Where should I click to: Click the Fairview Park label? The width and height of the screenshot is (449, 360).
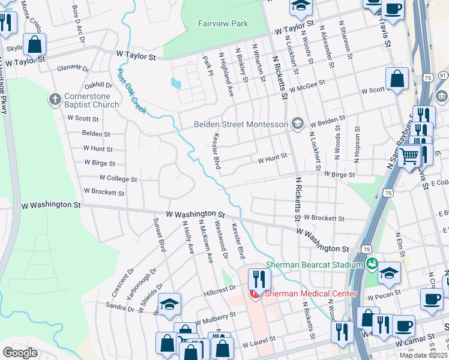[223, 24]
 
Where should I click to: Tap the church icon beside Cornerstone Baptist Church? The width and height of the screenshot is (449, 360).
[55, 98]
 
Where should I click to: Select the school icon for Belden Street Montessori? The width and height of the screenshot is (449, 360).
[297, 124]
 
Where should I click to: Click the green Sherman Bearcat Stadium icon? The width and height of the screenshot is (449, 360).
[372, 264]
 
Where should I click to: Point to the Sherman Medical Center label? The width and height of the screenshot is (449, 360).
[310, 293]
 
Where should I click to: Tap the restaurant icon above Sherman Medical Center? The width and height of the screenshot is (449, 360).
[259, 279]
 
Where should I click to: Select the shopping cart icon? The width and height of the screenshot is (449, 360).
[409, 156]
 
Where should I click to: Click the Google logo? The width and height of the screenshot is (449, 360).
[20, 352]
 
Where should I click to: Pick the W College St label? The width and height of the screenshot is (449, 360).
[118, 179]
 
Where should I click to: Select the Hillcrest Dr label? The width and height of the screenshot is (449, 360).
[220, 289]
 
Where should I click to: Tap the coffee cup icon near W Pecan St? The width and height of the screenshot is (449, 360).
[431, 299]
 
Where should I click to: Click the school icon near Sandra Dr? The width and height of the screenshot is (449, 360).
[170, 304]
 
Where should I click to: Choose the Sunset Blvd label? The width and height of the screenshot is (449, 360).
[159, 235]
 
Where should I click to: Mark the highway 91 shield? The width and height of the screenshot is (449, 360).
[443, 75]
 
